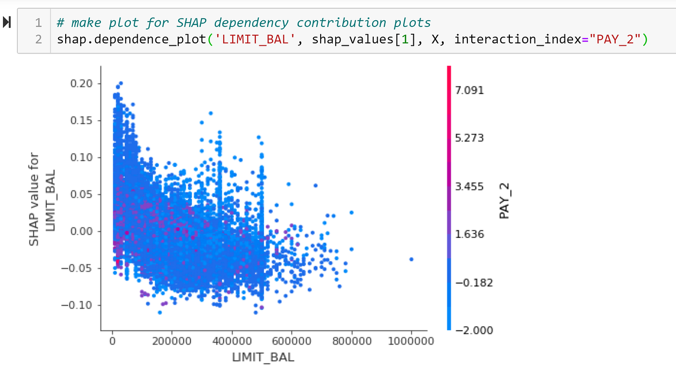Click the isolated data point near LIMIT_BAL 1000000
click(411, 259)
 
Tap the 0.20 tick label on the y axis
click(85, 83)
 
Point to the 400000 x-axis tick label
click(231, 341)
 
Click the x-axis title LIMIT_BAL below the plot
click(263, 357)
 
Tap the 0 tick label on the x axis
click(113, 341)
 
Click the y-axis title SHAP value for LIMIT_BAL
click(41, 200)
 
